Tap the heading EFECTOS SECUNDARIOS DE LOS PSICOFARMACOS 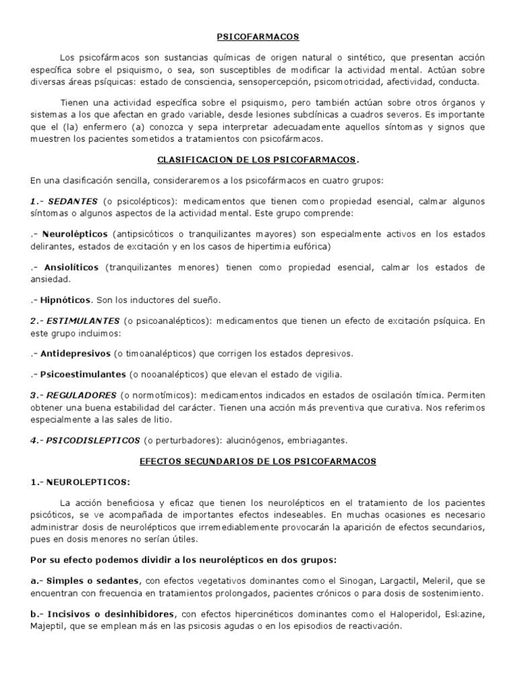pyautogui.click(x=258, y=462)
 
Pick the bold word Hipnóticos pyautogui.click(x=64, y=300)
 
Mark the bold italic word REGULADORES pyautogui.click(x=79, y=395)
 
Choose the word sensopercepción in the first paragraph pyautogui.click(x=263, y=82)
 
